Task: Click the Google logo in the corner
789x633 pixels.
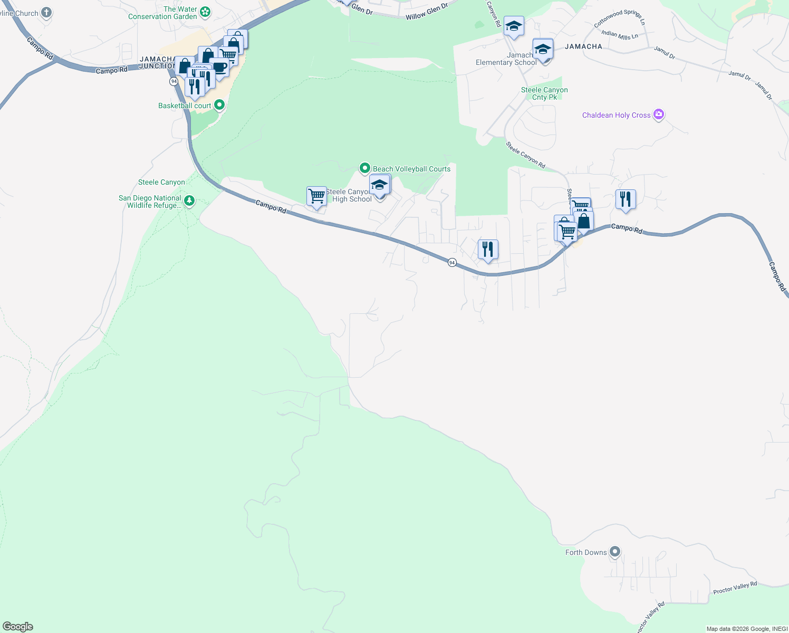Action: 18,627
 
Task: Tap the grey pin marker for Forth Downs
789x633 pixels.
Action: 614,552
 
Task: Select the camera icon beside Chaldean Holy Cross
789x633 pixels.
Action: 658,114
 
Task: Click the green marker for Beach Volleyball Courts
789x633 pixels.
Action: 364,168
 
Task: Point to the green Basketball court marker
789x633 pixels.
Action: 219,105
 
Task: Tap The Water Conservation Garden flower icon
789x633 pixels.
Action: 205,12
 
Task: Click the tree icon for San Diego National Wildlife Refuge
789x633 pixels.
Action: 189,201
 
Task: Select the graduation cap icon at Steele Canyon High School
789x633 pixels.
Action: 380,185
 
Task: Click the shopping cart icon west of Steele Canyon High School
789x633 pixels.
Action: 316,196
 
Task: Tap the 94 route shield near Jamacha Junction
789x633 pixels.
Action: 174,81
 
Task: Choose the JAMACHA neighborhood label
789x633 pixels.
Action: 583,46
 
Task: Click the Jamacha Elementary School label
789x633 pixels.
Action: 506,59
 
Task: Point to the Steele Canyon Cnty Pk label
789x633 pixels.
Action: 544,93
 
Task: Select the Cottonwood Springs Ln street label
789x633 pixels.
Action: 619,18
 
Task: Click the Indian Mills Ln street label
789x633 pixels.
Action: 620,35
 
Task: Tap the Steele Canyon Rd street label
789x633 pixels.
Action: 525,155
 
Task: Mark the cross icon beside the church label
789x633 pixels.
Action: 46,12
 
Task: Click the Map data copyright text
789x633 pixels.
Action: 747,629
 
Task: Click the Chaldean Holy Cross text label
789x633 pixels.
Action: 616,115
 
